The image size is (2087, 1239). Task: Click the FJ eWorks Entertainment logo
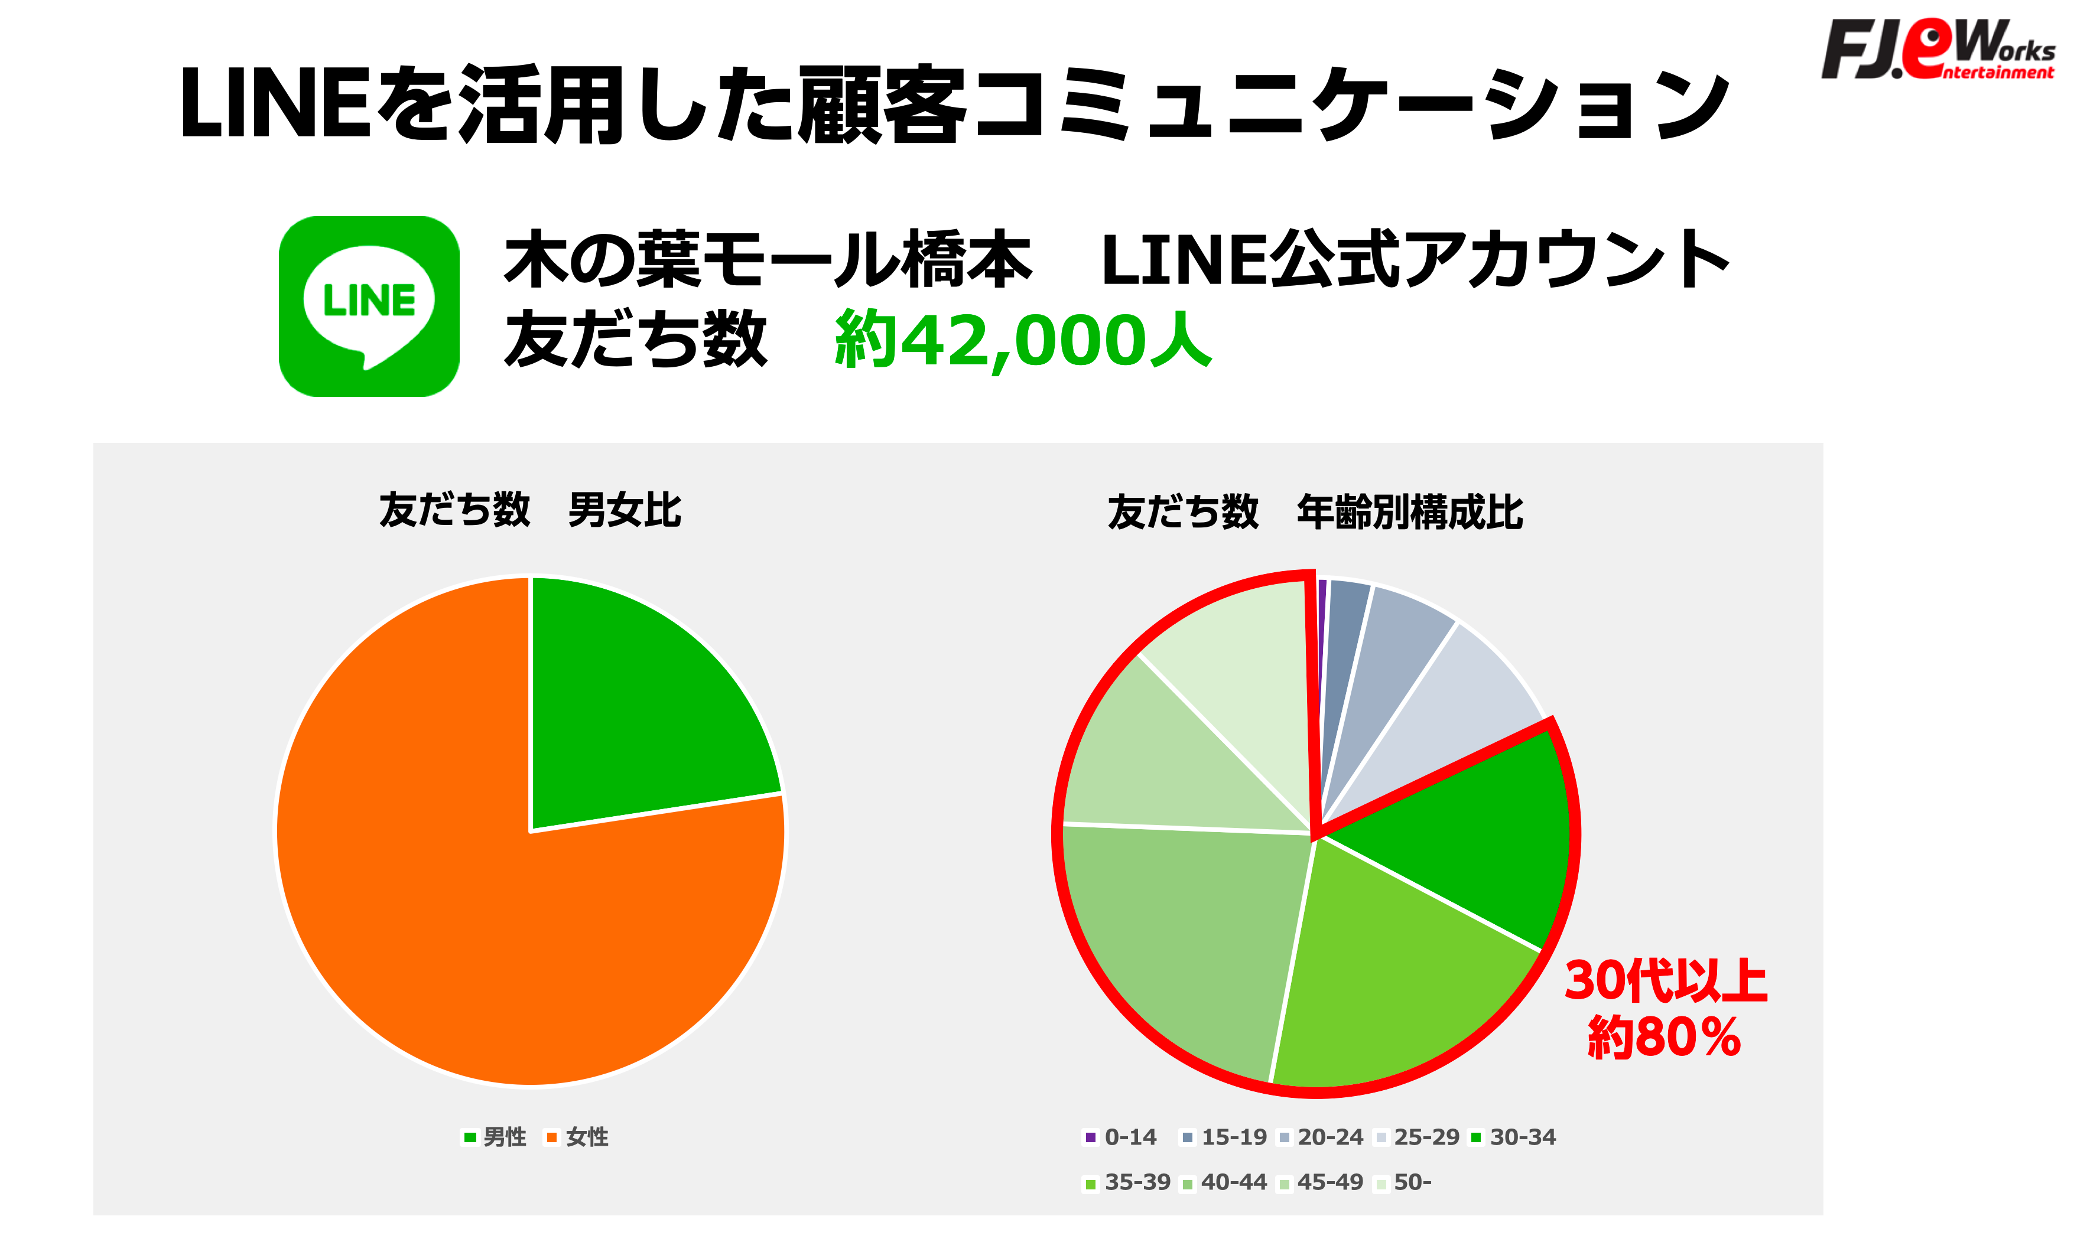pos(1938,50)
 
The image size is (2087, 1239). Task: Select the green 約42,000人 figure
pos(1022,340)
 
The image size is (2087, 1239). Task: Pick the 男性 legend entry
pos(495,1137)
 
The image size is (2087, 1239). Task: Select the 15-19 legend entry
pos(1224,1137)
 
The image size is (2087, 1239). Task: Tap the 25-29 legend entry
pos(1416,1137)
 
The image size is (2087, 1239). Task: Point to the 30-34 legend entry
pos(1513,1137)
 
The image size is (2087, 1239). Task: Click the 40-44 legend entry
pos(1224,1182)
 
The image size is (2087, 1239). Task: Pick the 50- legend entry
pos(1403,1182)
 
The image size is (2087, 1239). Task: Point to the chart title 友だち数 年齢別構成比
pos(1315,512)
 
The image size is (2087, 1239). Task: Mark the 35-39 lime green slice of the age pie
pos(1386,985)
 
